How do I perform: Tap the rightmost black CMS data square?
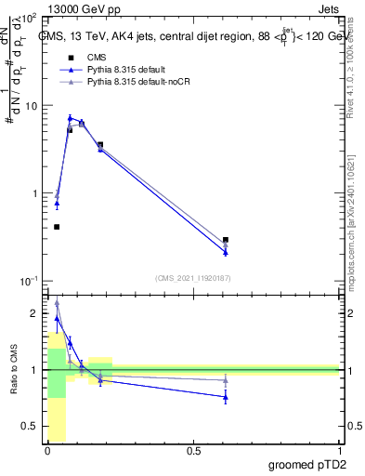coord(226,240)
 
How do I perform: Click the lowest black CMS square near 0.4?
coord(57,227)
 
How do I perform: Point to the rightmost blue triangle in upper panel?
coord(226,252)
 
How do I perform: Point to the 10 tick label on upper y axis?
coord(31,106)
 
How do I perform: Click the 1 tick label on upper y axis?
coord(34,193)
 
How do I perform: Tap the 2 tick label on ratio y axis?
coord(34,314)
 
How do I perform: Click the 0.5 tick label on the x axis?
coord(193,452)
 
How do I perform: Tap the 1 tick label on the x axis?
coord(339,452)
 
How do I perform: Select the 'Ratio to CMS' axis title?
coord(13,370)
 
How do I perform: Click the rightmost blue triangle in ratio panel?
coord(226,397)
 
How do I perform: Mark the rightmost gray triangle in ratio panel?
coord(226,379)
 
